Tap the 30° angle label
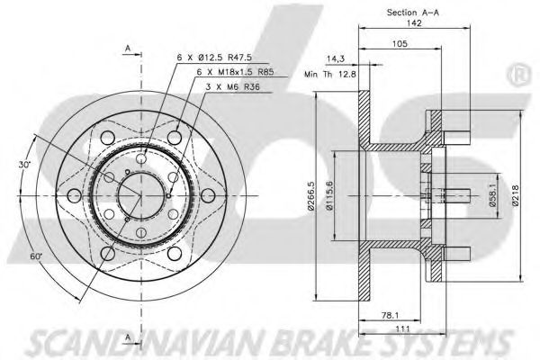[25, 166]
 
